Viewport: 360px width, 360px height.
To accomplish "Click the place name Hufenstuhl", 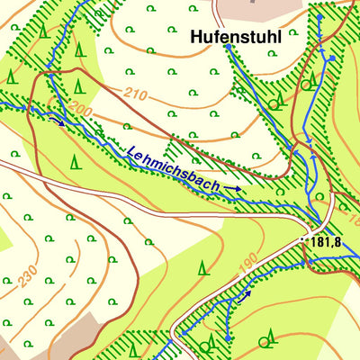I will click(236, 38).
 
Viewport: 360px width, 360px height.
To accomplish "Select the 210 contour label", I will click(136, 94).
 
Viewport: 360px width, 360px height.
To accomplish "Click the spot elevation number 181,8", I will click(325, 242).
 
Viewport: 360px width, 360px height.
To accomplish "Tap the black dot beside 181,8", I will click(303, 241).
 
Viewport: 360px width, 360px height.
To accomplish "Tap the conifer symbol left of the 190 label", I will click(203, 266).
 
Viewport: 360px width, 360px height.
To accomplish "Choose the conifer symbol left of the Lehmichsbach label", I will click(75, 161).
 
